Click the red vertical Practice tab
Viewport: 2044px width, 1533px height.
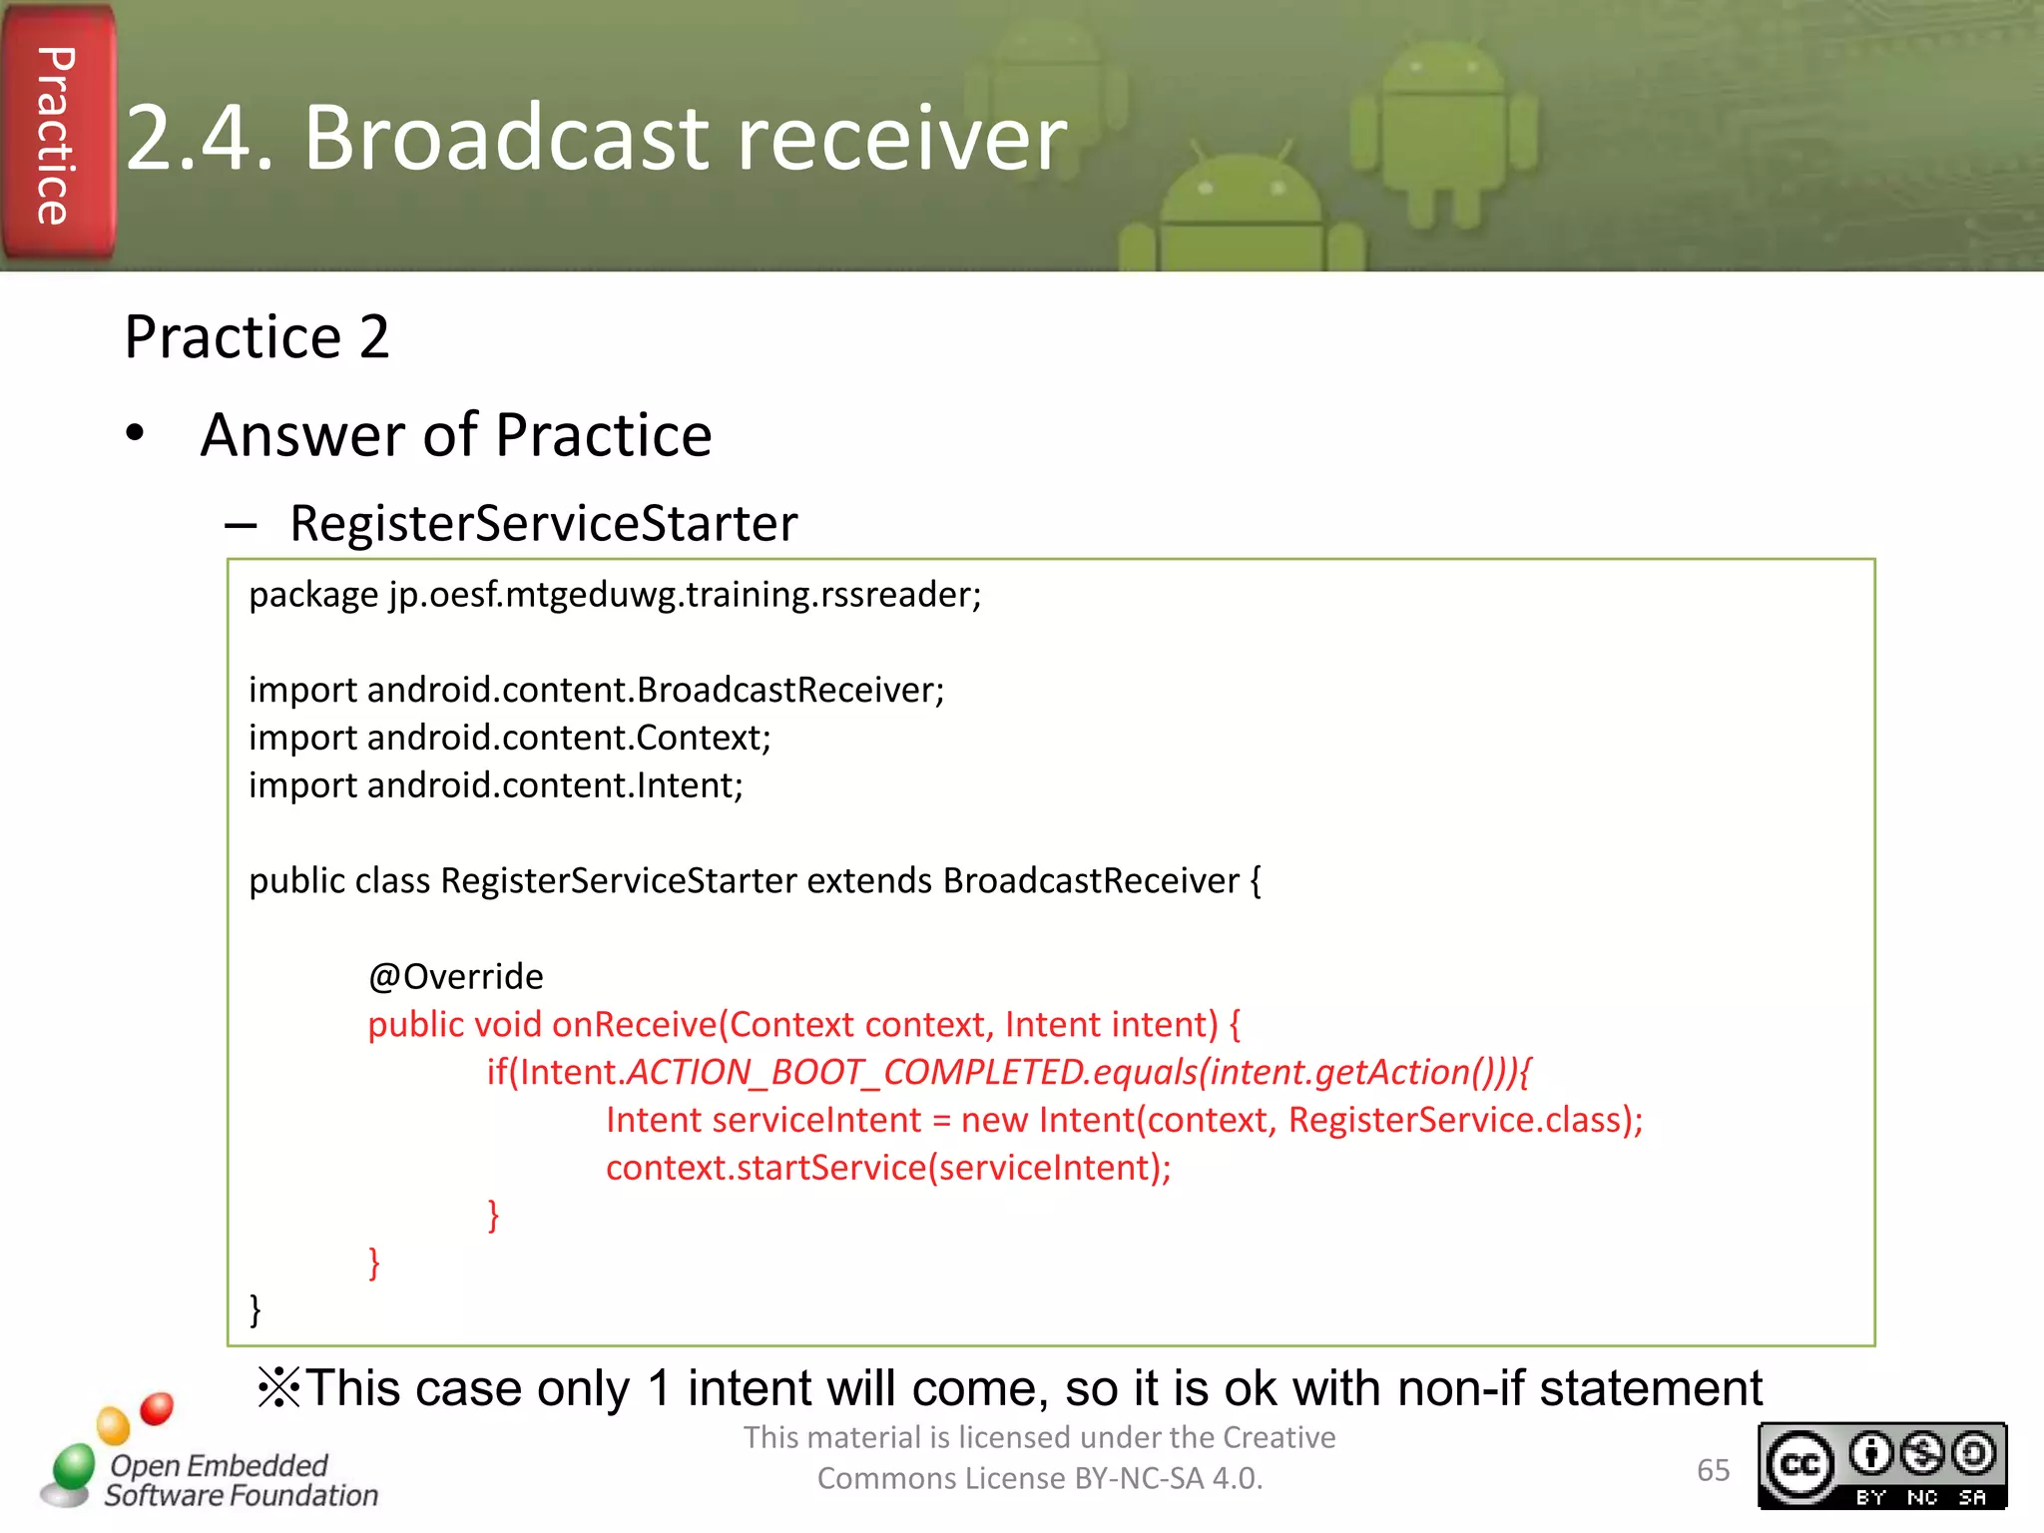[x=57, y=134]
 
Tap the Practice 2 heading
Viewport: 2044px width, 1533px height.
[x=256, y=337]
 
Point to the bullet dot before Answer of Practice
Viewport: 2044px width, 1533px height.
[x=136, y=434]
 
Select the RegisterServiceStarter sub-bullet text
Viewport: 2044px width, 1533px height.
[x=543, y=523]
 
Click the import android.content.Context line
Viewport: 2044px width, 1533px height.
[x=509, y=738]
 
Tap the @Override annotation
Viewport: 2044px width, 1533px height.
[x=456, y=976]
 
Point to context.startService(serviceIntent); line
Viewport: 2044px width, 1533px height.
[x=887, y=1168]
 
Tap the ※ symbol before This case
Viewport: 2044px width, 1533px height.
[x=278, y=1388]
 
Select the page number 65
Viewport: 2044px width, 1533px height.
[x=1713, y=1470]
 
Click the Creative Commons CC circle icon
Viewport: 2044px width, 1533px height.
[x=1800, y=1465]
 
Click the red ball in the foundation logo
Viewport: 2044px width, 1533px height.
[x=157, y=1408]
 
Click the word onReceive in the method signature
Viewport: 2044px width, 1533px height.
[x=635, y=1025]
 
